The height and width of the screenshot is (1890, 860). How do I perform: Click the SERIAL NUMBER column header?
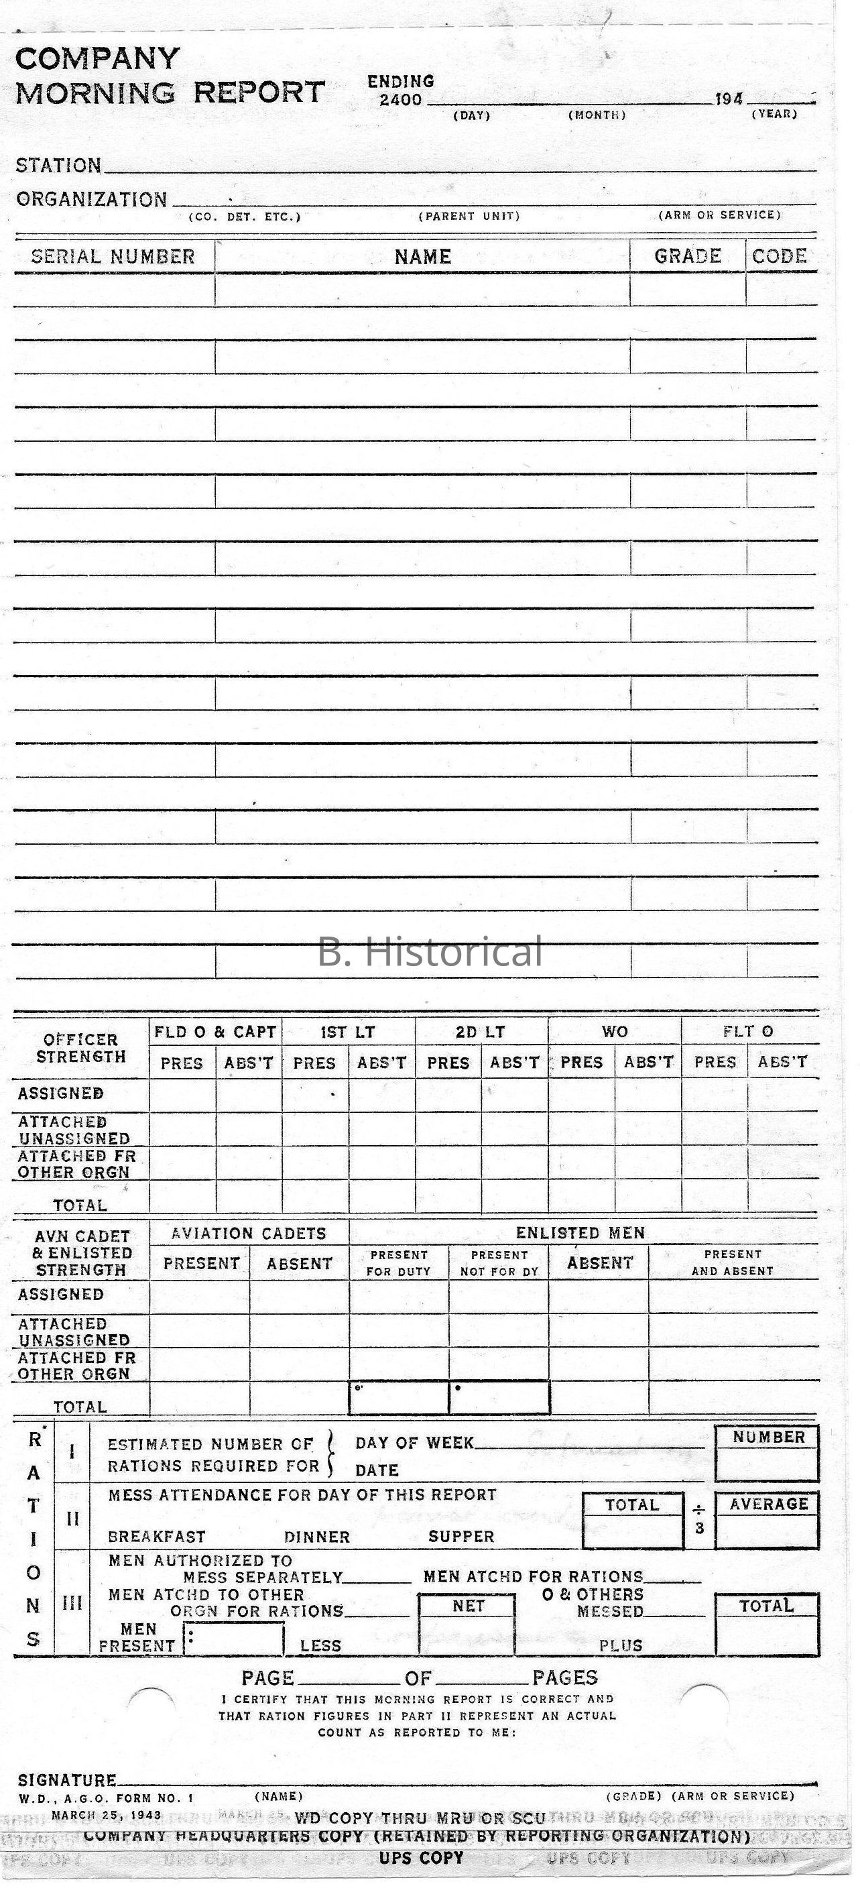coord(113,257)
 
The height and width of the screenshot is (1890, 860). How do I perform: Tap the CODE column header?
coord(780,256)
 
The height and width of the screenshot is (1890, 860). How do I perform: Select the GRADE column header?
coord(688,256)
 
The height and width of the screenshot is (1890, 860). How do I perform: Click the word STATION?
coord(59,166)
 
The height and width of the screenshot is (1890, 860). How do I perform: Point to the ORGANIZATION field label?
coord(92,200)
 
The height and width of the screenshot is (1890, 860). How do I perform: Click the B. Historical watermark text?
coord(430,951)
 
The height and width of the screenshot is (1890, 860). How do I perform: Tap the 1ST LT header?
coord(348,1032)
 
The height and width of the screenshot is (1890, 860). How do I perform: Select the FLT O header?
coord(748,1032)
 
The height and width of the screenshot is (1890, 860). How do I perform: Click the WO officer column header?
coord(615,1032)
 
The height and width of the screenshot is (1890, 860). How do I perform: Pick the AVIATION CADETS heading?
coord(249,1234)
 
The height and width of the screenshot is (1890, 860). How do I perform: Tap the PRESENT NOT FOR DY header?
coord(499,1263)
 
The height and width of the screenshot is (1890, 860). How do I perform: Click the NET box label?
coord(468,1606)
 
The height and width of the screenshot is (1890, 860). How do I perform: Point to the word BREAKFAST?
coord(156,1537)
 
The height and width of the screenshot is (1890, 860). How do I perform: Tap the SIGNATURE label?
coord(67,1781)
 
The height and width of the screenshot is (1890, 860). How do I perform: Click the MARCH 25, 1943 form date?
coord(107,1814)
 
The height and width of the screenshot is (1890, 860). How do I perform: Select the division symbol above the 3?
coord(698,1510)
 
